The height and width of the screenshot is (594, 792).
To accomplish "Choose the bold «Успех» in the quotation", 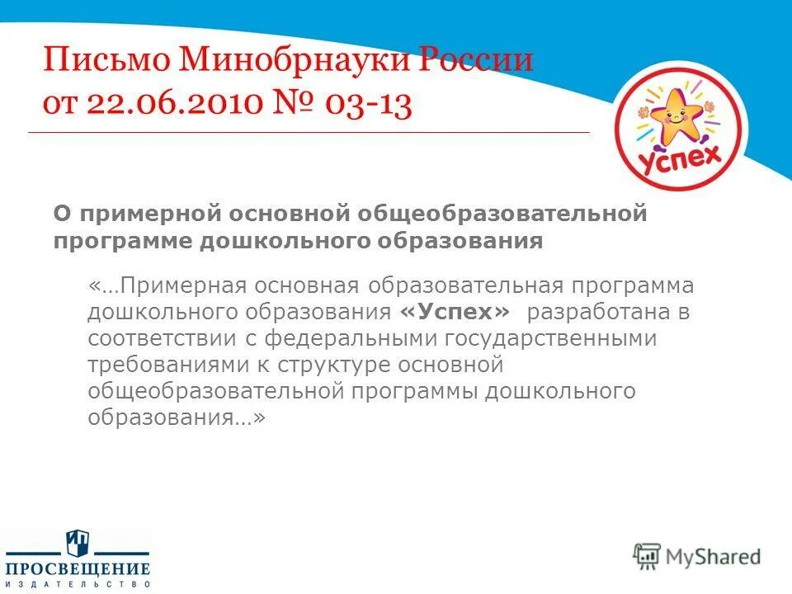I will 455,313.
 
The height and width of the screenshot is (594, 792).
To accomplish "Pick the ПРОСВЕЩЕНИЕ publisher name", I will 78,568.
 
